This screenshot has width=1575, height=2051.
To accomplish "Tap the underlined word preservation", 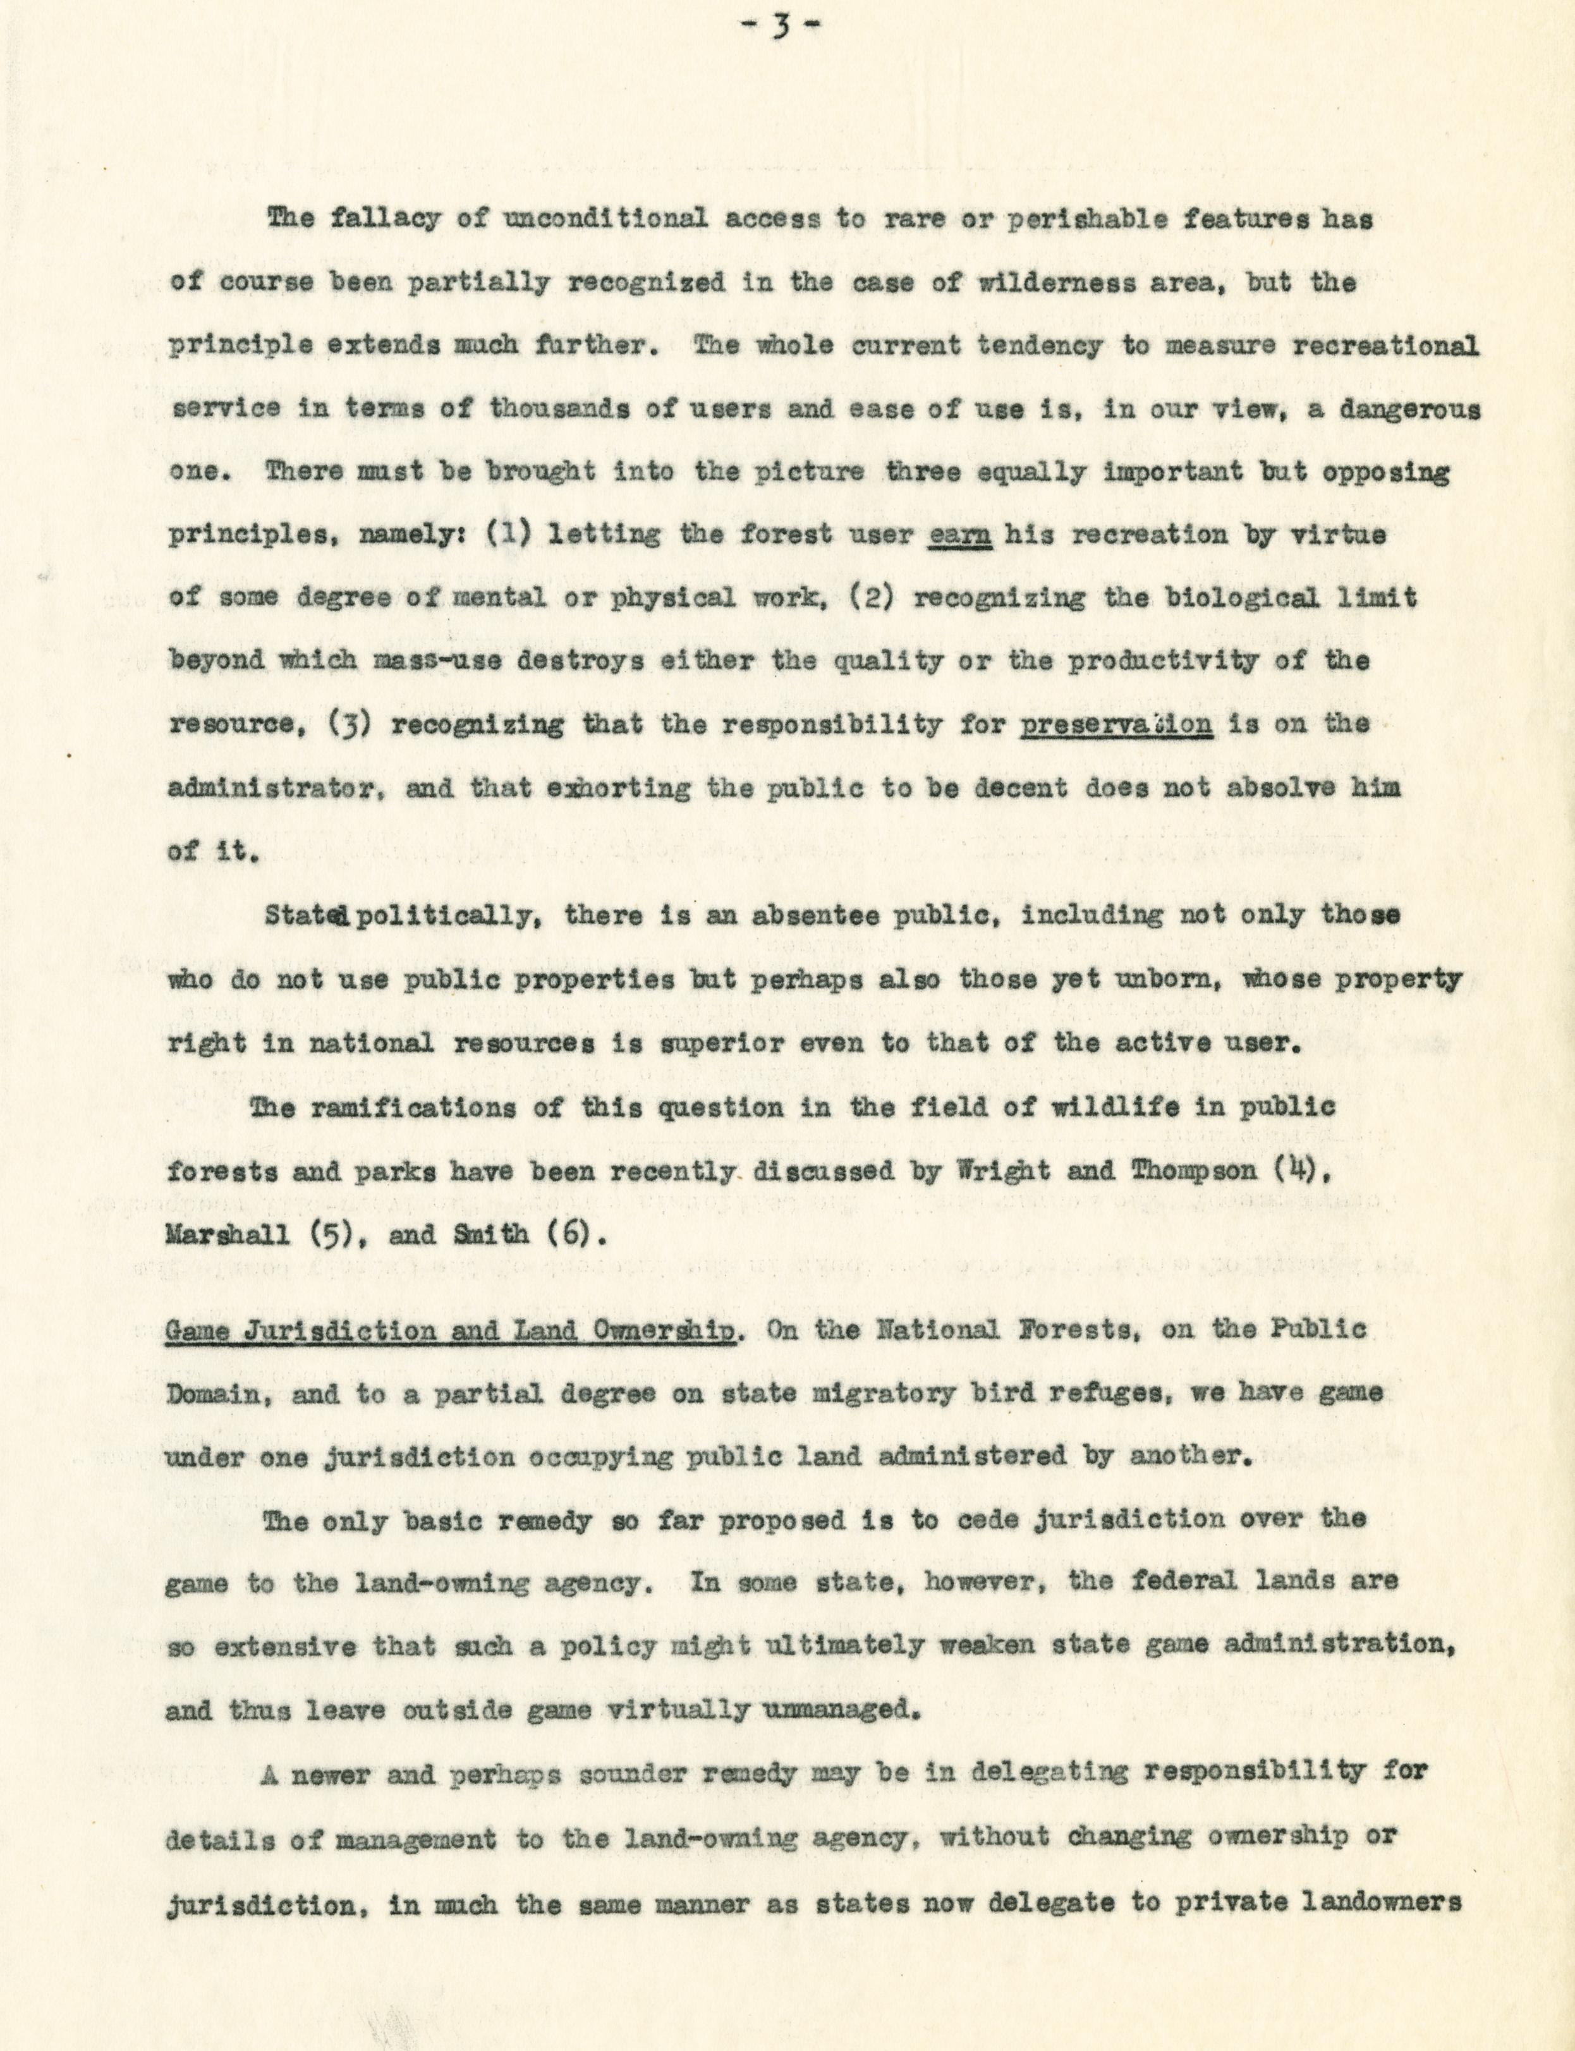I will [1116, 724].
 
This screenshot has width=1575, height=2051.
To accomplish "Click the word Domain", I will [217, 1394].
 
